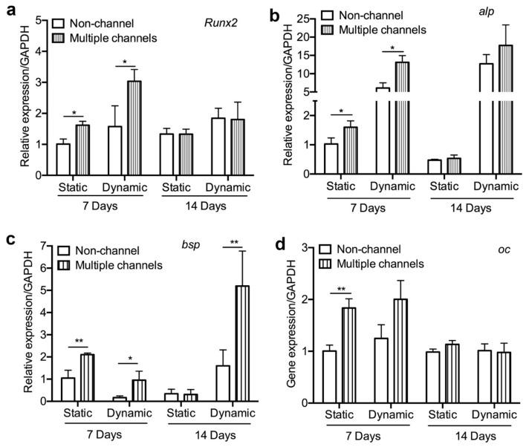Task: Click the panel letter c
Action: coord(7,239)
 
